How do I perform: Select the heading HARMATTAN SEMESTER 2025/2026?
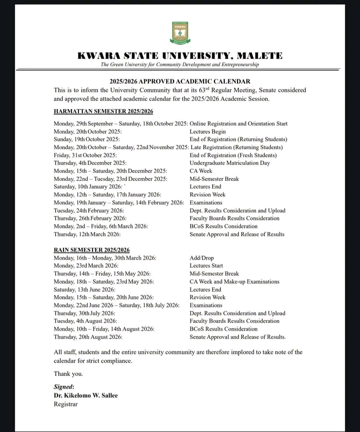pos(103,112)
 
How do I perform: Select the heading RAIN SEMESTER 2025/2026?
pos(91,250)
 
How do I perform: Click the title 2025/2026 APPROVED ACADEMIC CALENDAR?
pos(180,82)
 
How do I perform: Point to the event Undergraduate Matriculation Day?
pos(230,163)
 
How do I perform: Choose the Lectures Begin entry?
pos(208,132)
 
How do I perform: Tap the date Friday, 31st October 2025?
pos(85,155)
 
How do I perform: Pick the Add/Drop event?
pos(202,258)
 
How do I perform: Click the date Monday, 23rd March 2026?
pos(86,266)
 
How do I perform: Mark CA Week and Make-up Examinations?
pos(234,282)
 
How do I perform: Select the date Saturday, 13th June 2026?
pos(84,290)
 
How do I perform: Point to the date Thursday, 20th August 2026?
pos(88,337)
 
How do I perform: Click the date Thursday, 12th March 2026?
pos(87,234)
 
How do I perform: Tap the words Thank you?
pos(68,374)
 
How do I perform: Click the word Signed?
pos(64,387)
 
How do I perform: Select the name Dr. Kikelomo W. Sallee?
pos(86,395)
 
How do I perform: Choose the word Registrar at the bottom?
pos(66,404)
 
